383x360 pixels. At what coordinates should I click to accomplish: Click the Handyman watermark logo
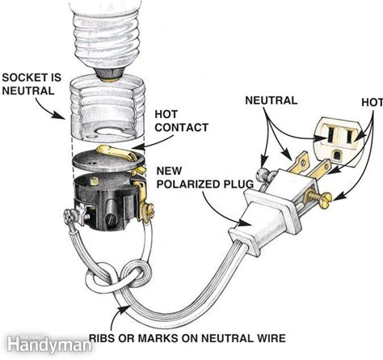[x=49, y=344]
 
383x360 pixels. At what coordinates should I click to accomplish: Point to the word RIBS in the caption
[x=103, y=338]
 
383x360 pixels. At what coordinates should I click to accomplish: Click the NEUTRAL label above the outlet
[x=271, y=100]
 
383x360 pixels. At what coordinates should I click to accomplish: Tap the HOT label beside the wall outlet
[x=372, y=103]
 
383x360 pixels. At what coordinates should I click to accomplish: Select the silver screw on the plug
[x=263, y=175]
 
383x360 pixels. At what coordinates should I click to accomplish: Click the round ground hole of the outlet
[x=337, y=156]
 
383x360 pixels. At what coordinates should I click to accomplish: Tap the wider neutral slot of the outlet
[x=330, y=135]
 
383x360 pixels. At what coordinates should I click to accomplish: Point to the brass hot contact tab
[x=118, y=152]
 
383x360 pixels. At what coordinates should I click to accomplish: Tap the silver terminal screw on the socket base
[x=69, y=217]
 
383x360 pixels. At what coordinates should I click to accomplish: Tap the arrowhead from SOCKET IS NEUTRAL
[x=60, y=114]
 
